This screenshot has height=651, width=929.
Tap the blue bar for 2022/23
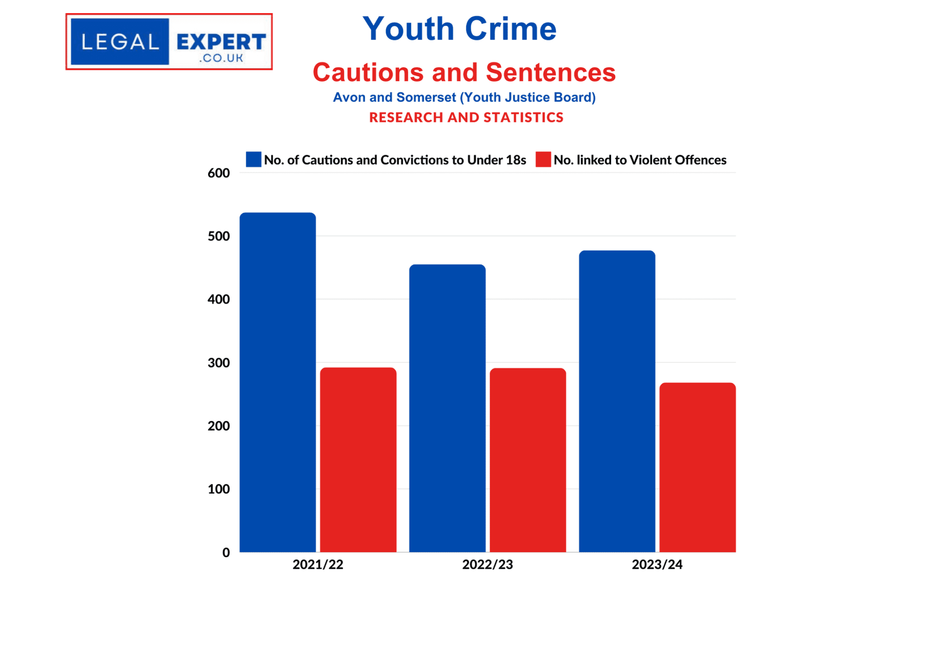tap(447, 408)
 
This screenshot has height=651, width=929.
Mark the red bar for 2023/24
tap(697, 467)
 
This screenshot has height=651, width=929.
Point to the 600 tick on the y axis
tap(219, 173)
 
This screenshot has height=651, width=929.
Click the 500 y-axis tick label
tap(219, 237)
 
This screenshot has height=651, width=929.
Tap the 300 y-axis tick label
tap(219, 363)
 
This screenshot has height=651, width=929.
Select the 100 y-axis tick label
tap(219, 489)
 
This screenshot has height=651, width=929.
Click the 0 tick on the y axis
tap(226, 552)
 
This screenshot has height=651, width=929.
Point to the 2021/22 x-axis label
tap(318, 564)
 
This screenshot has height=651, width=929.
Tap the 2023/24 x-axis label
tap(657, 564)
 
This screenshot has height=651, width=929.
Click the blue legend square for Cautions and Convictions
tap(254, 159)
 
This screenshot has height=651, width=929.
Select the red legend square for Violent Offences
tap(543, 159)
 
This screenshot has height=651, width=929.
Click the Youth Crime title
tap(460, 29)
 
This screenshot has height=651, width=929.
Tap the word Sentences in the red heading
tap(551, 72)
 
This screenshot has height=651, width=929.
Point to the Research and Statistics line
tap(466, 118)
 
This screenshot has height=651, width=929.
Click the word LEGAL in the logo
tap(120, 42)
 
